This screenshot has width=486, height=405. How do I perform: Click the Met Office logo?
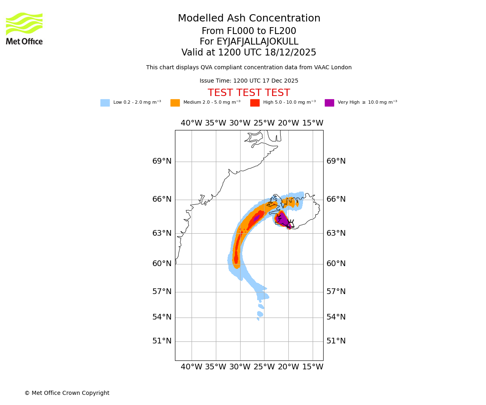point(24,28)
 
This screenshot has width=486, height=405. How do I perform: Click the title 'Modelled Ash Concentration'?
point(249,19)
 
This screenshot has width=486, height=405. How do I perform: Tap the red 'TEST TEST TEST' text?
point(249,93)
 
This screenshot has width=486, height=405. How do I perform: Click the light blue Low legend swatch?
point(105,103)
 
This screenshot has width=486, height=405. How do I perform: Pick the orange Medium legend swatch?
point(175,103)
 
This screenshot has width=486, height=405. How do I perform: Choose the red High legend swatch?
point(255,103)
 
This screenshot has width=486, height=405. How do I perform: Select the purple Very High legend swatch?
point(329,103)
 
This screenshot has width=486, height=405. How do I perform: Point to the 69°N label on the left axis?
point(162,161)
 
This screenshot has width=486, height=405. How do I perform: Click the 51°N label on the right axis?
point(336,341)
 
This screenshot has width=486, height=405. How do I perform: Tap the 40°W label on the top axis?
point(191,123)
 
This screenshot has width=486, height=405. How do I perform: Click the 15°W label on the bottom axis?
point(313,367)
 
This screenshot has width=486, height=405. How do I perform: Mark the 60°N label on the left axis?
point(162,264)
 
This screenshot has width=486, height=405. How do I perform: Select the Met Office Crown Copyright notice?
point(67,393)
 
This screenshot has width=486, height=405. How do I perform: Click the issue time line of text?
point(249,81)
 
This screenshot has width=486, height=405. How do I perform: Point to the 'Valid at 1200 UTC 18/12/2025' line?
point(249,53)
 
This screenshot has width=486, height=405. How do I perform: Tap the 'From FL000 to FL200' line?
point(249,31)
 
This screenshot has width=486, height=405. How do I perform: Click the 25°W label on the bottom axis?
point(264,367)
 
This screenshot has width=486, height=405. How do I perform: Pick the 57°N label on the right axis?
point(336,292)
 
